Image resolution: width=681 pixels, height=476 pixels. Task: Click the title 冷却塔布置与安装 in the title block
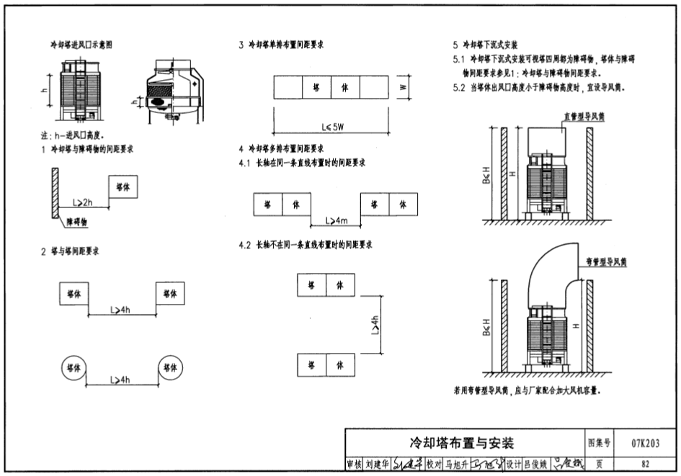(x=462, y=442)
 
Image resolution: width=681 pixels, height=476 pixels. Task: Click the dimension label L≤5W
(x=333, y=127)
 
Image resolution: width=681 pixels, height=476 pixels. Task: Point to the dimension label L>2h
(x=84, y=203)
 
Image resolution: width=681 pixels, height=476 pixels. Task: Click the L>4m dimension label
(x=336, y=220)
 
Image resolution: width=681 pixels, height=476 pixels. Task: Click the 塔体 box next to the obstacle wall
(x=123, y=187)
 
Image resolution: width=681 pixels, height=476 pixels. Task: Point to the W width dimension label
(x=404, y=87)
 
